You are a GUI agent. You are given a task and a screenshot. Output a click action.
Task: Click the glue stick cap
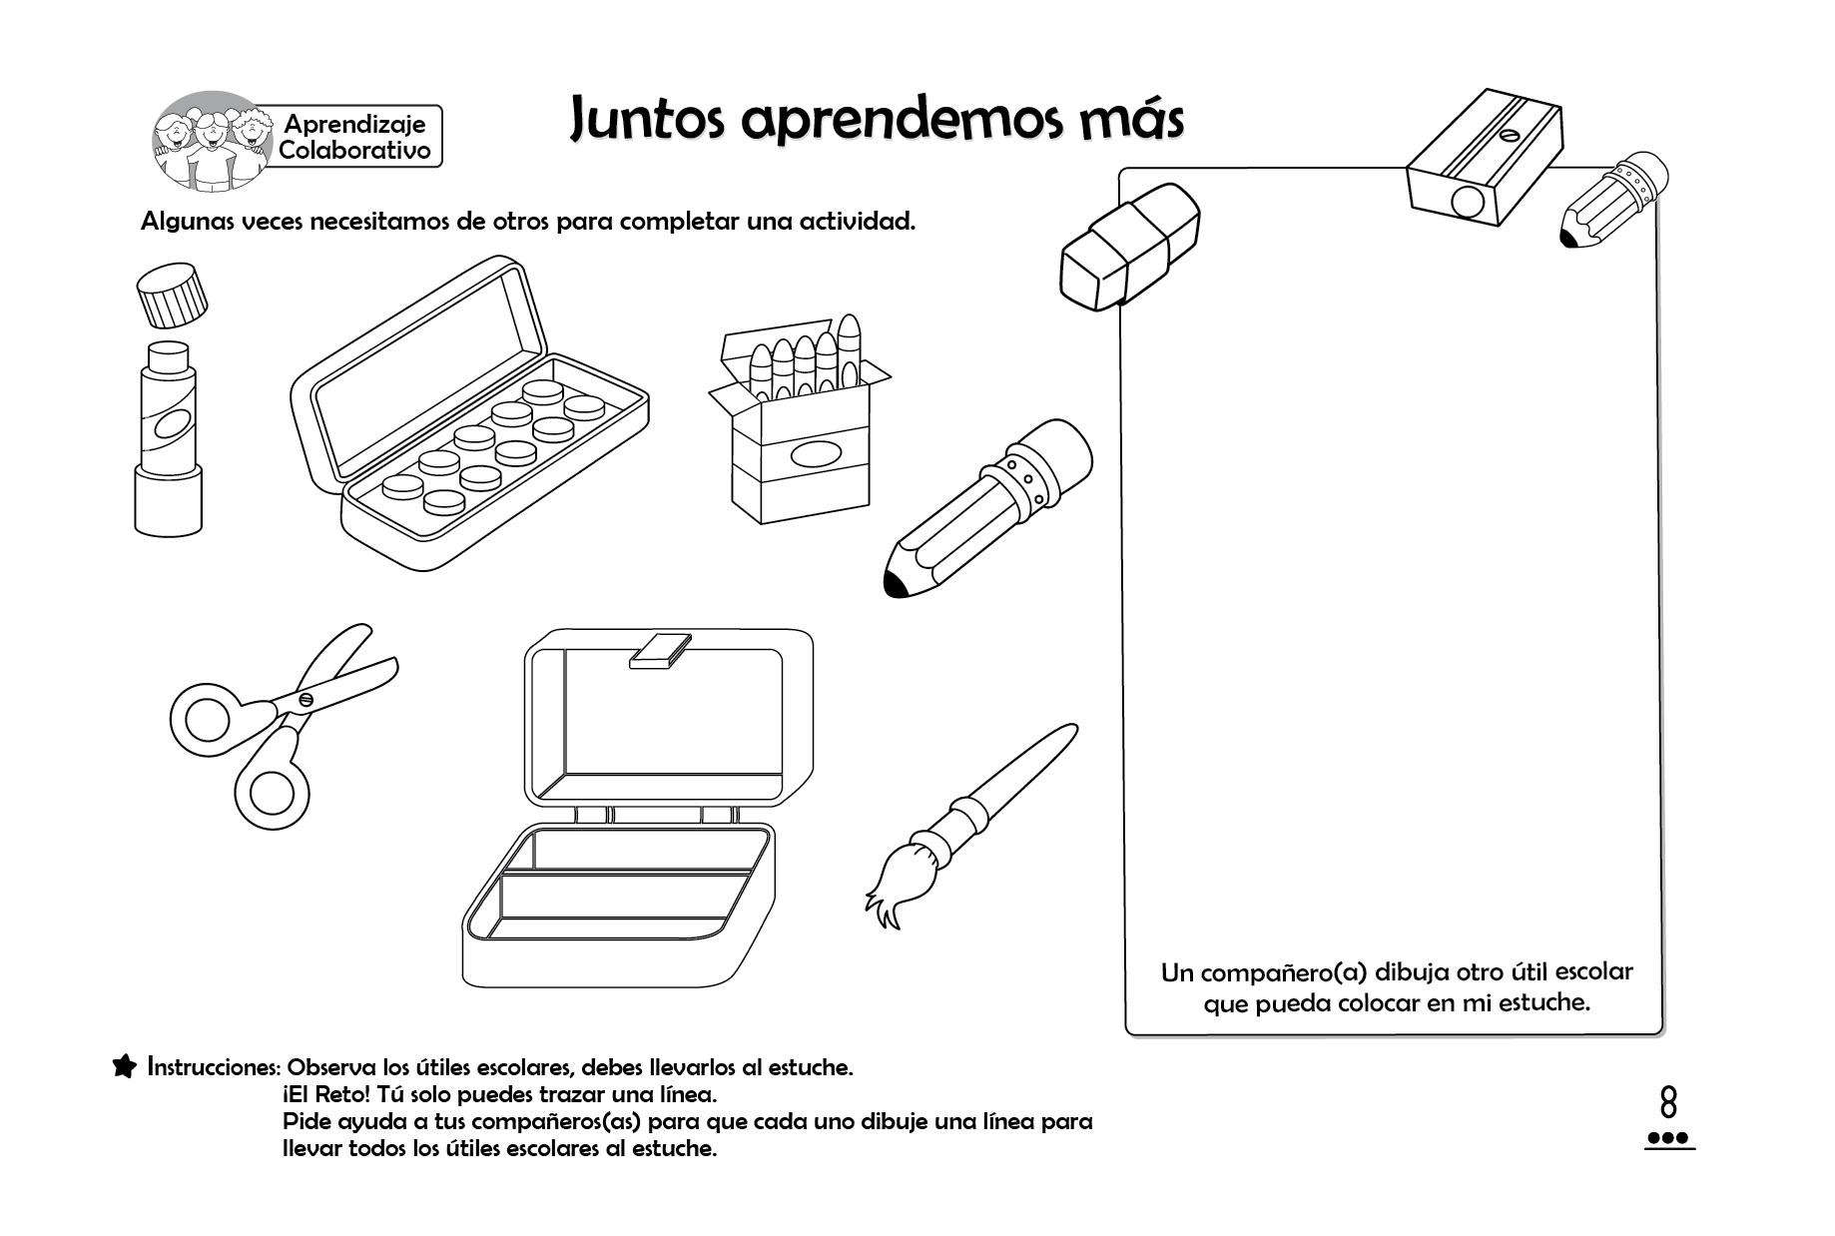click(174, 296)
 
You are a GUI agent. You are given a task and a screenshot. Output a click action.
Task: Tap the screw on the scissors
click(306, 699)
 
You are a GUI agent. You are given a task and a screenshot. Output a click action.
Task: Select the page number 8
click(1668, 1103)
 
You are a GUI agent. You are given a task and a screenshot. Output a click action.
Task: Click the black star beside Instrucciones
click(125, 1066)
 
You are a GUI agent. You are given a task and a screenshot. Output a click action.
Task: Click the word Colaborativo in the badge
click(354, 150)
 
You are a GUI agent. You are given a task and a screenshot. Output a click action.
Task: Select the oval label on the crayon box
click(817, 454)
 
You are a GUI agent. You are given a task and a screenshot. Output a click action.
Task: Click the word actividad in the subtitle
click(857, 221)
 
